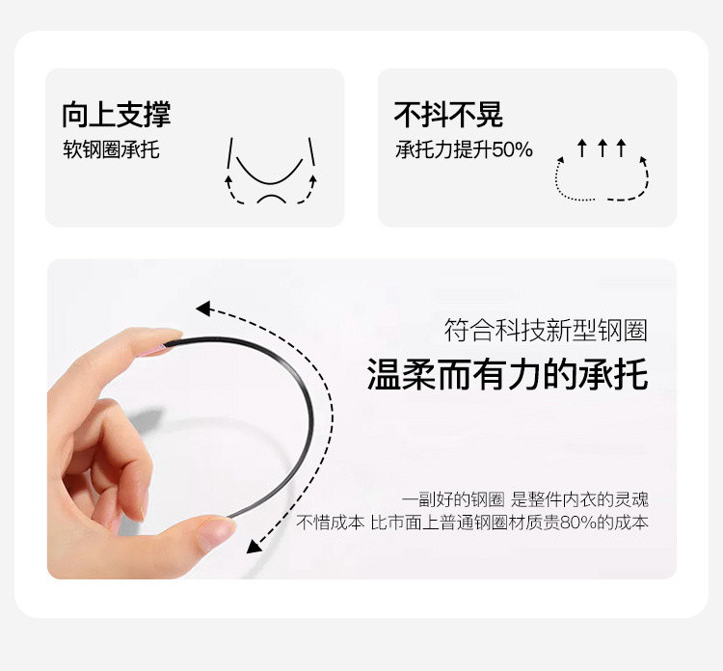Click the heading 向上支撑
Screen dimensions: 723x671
[x=117, y=115]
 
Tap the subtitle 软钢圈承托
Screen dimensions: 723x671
[x=111, y=149]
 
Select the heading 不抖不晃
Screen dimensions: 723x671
[x=448, y=115]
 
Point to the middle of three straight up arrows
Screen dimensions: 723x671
[x=602, y=148]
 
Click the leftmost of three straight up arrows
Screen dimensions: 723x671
[x=582, y=148]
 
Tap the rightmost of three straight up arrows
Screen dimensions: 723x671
[x=621, y=148]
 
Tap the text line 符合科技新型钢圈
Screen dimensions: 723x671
[x=546, y=330]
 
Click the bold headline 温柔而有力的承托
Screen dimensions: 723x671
[x=507, y=374]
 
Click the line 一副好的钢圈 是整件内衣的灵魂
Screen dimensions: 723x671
[x=524, y=499]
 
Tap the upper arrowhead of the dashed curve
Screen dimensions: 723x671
[x=203, y=309]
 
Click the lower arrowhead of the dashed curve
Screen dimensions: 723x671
[x=254, y=547]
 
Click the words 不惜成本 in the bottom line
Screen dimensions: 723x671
[x=330, y=523]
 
